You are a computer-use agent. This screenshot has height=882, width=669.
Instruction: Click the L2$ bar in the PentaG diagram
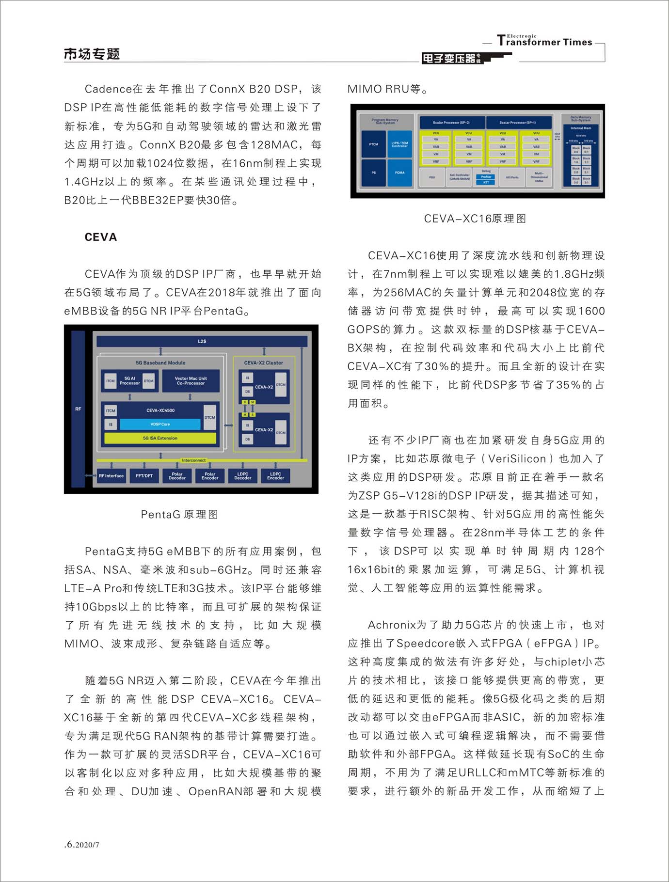click(x=202, y=341)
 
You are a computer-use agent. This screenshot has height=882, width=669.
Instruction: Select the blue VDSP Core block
click(x=160, y=424)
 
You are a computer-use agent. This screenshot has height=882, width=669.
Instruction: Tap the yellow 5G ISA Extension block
click(x=160, y=438)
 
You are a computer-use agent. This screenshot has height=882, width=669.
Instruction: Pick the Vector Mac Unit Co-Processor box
click(x=191, y=381)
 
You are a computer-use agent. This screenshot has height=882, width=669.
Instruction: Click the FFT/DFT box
click(x=144, y=476)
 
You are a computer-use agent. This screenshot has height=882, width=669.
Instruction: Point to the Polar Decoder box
click(x=177, y=476)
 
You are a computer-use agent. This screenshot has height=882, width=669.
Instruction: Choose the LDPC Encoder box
click(x=275, y=476)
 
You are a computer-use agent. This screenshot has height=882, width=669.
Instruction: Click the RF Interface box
click(x=111, y=476)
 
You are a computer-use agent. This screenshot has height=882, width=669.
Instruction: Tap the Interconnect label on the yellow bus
click(x=193, y=460)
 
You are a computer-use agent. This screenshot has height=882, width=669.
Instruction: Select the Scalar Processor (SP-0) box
click(x=451, y=123)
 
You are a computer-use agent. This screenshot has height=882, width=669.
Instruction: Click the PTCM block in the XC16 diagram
click(x=373, y=144)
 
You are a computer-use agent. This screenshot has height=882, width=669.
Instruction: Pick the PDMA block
click(x=399, y=173)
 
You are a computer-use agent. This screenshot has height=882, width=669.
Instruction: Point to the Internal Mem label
click(x=580, y=128)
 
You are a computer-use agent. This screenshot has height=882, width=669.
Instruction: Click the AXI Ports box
click(x=512, y=177)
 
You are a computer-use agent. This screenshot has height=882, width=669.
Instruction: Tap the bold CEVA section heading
click(x=101, y=237)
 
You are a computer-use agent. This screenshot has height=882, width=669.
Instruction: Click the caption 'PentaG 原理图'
click(x=179, y=514)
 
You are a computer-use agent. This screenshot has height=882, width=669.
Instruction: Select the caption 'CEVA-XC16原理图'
click(x=475, y=219)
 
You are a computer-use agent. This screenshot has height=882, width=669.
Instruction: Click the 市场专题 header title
click(x=92, y=54)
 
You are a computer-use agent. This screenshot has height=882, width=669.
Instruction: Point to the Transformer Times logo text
click(x=544, y=42)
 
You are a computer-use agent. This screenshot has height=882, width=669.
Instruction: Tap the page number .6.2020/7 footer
click(x=82, y=844)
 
